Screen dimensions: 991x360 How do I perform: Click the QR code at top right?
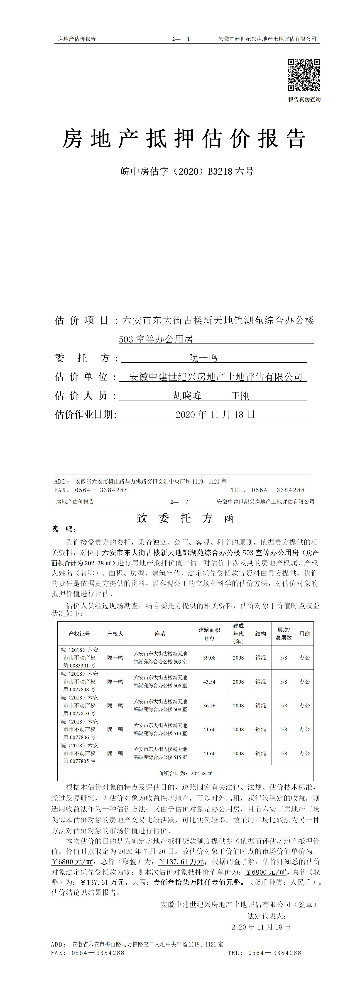304,75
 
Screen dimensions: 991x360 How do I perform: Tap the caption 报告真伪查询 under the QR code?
304,99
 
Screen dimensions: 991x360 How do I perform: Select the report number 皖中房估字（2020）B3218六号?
187,172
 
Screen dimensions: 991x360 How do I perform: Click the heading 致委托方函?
185,518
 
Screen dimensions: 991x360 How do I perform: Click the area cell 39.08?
209,657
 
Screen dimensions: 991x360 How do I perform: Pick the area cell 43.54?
209,681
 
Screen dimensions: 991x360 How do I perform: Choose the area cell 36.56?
209,705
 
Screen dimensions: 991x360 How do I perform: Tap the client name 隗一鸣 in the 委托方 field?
203,358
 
